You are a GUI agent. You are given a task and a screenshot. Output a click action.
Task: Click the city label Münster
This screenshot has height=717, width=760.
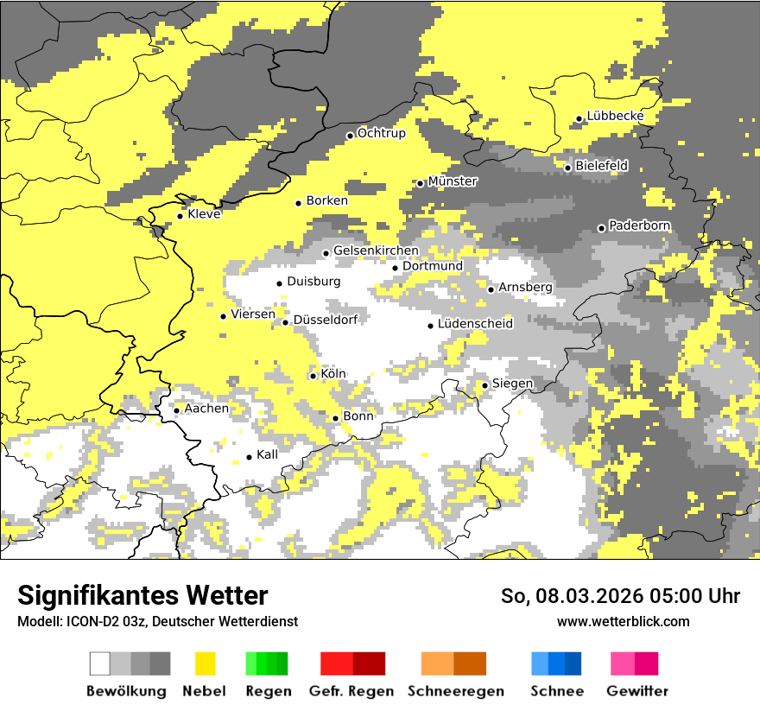click(x=453, y=181)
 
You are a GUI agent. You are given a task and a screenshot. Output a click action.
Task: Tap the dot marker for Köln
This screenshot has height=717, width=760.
click(x=313, y=376)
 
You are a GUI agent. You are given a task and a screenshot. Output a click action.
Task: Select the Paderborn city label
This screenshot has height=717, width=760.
click(x=640, y=225)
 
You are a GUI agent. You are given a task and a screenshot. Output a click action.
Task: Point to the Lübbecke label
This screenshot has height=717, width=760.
click(x=615, y=116)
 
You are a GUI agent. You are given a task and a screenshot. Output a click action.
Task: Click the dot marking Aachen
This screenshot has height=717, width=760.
click(x=176, y=410)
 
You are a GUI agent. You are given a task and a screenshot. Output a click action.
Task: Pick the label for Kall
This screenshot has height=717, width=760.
click(x=268, y=454)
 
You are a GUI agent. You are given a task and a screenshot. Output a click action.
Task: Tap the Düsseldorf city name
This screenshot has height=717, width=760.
click(x=326, y=320)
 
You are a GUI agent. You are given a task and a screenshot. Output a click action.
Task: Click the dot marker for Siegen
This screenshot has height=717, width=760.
click(x=485, y=385)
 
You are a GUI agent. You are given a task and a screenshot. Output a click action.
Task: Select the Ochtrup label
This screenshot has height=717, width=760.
click(x=382, y=133)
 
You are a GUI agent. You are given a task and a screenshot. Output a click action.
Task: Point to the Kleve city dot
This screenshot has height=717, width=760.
click(x=180, y=217)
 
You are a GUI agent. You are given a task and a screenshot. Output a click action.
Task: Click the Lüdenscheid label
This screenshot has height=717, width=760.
click(x=475, y=324)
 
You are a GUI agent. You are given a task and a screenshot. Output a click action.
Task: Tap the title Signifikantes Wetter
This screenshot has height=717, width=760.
click(x=142, y=595)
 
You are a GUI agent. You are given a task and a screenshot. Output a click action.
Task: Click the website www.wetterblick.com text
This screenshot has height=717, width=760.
click(x=624, y=621)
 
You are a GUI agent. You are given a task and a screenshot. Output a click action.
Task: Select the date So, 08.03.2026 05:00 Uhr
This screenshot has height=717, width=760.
click(x=620, y=596)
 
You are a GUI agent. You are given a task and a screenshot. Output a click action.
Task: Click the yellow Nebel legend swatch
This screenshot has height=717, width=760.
click(x=206, y=663)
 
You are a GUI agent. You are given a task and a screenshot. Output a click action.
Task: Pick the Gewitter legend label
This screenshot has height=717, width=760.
click(x=637, y=691)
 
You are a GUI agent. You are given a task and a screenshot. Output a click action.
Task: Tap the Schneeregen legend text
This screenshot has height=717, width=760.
click(x=456, y=691)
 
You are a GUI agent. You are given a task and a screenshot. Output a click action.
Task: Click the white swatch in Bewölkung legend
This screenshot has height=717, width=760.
click(x=100, y=663)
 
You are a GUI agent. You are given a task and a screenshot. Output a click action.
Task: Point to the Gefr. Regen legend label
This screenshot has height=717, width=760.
click(x=351, y=691)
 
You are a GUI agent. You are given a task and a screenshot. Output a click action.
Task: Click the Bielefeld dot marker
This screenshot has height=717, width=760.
click(x=567, y=168)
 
